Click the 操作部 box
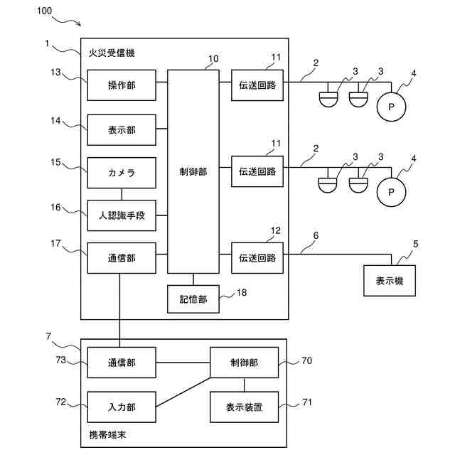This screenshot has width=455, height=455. tap(122, 85)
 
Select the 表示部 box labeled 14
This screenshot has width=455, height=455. tap(122, 129)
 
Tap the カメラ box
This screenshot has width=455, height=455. tap(122, 173)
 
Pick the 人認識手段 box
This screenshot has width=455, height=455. tap(122, 215)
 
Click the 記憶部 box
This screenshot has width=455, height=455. tap(193, 299)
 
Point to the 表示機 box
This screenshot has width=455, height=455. tap(390, 281)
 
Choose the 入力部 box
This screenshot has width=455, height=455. tap(122, 407)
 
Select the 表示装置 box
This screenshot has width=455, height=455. tap(244, 407)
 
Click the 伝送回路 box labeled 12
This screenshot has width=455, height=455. tap(257, 257)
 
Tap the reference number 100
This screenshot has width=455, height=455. tap(44, 11)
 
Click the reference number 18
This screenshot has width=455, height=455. tap(242, 292)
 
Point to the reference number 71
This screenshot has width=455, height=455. tap(307, 402)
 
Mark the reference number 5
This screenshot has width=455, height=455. tap(415, 244)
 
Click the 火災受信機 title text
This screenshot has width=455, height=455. tap(112, 53)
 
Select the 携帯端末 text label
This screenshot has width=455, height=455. tap(107, 434)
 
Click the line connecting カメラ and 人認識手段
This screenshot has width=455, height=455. tap(122, 194)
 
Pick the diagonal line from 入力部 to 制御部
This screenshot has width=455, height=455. tap(183, 392)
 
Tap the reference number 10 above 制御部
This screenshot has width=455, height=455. tap(213, 58)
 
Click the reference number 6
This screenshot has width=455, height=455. tap(316, 235)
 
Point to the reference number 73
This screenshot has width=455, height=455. tap(61, 360)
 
